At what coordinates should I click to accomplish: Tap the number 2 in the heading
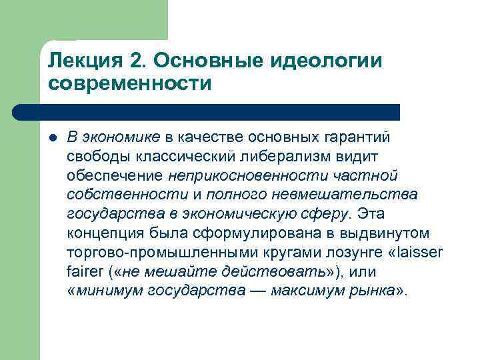137,61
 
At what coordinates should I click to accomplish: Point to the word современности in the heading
129,85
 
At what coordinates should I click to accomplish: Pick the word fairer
84,273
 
